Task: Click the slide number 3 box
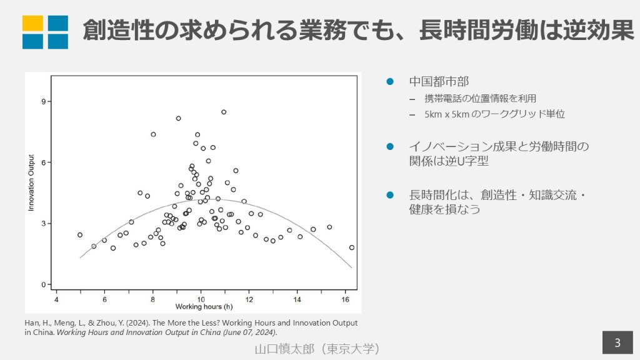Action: (x=617, y=343)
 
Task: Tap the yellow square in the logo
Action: (x=32, y=23)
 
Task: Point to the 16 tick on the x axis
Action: (x=346, y=297)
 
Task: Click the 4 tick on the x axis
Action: (x=56, y=297)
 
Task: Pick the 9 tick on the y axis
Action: (x=44, y=101)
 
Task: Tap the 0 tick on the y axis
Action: (x=44, y=284)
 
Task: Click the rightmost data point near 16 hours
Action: (x=352, y=247)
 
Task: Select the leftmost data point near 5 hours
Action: (x=80, y=235)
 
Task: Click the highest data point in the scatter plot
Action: (x=224, y=112)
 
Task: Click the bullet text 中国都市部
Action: (x=439, y=82)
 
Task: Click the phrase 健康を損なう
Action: (x=444, y=209)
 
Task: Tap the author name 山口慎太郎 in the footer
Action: (x=281, y=348)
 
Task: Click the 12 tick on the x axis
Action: (x=249, y=297)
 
